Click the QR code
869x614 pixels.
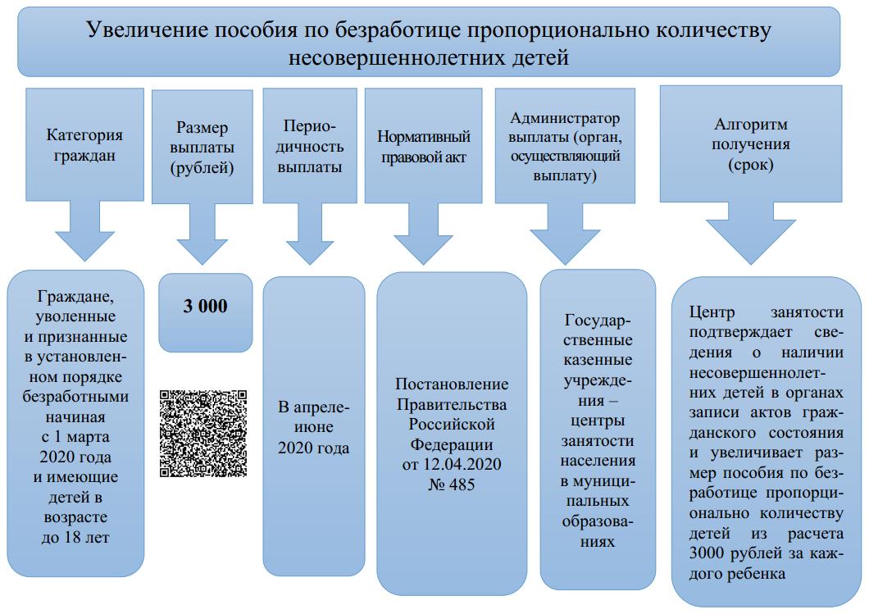point(202,434)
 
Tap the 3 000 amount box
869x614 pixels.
point(206,307)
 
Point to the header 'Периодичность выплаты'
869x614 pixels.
point(309,147)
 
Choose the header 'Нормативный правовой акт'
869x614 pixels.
point(424,147)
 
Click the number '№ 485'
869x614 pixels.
point(452,484)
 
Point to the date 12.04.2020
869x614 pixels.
point(465,465)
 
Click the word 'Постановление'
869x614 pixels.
point(452,384)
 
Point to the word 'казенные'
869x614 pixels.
point(598,360)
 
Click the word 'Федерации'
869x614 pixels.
point(452,445)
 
